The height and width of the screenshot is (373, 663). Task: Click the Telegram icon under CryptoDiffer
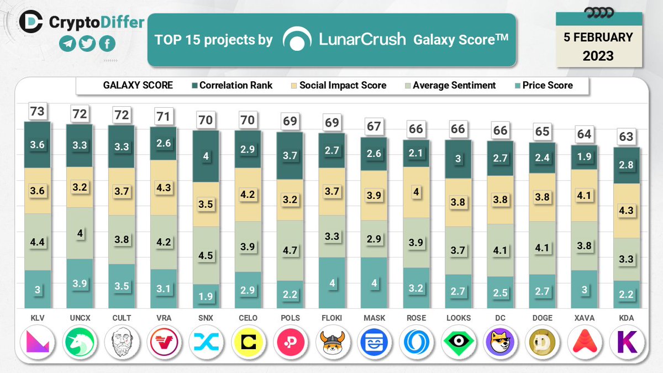67,44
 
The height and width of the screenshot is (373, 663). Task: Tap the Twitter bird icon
86,44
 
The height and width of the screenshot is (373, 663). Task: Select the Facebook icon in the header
106,44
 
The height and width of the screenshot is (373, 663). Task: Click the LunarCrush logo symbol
297,40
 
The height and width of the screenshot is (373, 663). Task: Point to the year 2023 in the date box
598,55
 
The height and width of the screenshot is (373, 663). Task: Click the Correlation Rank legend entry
231,86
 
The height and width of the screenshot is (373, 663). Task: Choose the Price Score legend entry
543,86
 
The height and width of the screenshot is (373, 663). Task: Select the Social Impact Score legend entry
338,86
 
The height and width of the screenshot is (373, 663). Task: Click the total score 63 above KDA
626,136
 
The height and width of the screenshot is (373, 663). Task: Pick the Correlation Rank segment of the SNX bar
206,156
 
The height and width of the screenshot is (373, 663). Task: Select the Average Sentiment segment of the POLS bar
290,250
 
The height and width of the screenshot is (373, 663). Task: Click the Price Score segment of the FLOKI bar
332,283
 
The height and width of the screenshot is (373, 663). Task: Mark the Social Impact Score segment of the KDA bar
626,211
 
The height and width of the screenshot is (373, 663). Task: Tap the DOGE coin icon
542,343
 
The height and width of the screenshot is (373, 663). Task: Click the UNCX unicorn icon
80,343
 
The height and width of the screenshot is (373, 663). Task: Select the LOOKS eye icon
458,343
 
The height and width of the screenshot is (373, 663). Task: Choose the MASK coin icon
374,343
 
